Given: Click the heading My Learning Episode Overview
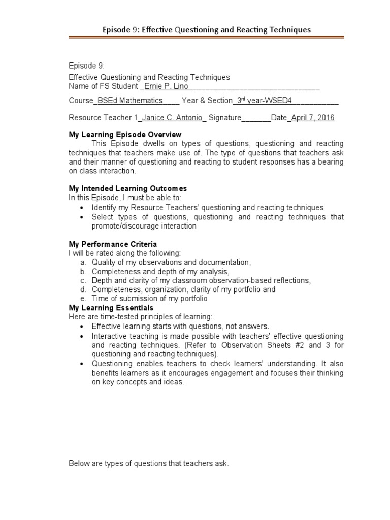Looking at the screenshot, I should [125, 135].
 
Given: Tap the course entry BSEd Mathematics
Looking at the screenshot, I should [131, 101].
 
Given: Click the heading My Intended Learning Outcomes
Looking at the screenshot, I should [128, 189].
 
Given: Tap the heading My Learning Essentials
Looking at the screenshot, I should [111, 308].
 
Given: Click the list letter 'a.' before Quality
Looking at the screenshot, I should [83, 262].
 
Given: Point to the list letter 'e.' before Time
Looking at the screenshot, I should [83, 299].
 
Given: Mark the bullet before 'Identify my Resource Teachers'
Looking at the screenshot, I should [83, 208].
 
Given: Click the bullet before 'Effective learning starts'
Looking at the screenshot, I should [83, 327].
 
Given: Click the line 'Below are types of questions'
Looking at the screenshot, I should [149, 464].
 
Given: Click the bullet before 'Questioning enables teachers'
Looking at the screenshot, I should [83, 364].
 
